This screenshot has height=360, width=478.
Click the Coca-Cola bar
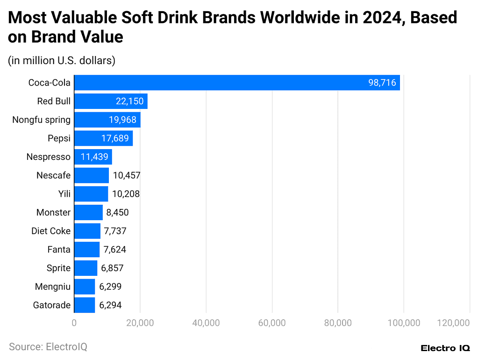236,83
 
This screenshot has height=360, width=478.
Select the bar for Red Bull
111,101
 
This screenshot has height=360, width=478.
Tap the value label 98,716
382,83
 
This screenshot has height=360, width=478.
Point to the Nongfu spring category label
41,120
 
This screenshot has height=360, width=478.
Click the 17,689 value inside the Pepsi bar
115,138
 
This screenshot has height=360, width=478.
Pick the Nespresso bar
93,157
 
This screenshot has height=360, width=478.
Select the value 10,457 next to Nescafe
127,175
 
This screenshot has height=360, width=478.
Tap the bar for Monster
88,212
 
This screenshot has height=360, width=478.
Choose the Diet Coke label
51,231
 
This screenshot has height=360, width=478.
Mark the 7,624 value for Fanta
114,250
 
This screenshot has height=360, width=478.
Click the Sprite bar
86,268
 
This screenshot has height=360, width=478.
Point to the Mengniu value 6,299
110,287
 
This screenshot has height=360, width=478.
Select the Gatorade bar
84,305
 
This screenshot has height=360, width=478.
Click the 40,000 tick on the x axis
206,323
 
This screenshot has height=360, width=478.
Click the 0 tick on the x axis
74,323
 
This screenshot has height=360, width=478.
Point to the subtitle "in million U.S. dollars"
61,60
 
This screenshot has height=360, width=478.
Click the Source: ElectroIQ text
48,347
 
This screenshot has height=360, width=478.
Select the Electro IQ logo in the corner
445,348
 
